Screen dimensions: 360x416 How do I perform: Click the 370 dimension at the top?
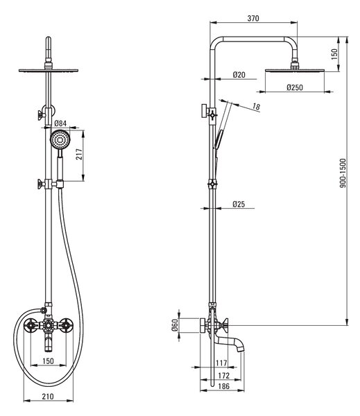253,18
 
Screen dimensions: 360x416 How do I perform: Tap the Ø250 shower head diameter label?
294,87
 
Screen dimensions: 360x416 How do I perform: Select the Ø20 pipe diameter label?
239,75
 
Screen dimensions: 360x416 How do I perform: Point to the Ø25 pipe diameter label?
239,204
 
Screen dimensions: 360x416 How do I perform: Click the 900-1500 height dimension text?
343,173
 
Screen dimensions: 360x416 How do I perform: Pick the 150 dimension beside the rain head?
334,54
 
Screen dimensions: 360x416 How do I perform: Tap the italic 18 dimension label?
256,107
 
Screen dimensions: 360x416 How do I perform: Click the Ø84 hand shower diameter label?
60,123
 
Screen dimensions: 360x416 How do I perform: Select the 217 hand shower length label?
79,154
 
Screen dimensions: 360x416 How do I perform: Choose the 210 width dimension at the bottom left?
48,397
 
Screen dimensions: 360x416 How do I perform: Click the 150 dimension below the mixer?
48,361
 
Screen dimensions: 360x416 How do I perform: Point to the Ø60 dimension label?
174,325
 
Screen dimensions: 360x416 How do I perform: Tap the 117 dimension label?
221,363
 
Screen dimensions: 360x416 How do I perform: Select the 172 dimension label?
223,376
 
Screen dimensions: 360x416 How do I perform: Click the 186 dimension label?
223,386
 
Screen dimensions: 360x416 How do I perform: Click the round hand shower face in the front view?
60,139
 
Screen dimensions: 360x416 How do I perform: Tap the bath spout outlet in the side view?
240,350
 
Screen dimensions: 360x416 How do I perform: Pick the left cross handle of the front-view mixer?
30,324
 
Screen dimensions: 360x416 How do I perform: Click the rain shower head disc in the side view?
295,70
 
